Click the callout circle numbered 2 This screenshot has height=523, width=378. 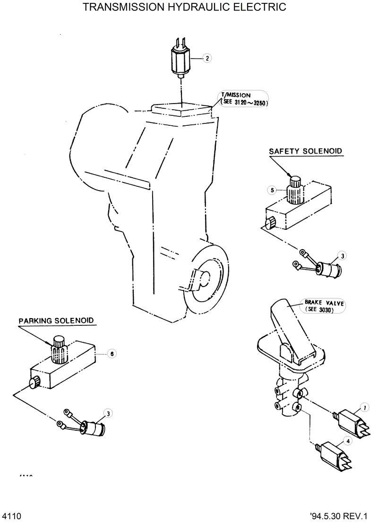(x=206, y=59)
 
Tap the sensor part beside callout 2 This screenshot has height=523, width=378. (x=180, y=59)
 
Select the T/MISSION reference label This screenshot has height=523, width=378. (x=242, y=100)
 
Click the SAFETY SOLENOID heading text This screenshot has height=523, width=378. (x=305, y=151)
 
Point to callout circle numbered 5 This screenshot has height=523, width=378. (x=272, y=190)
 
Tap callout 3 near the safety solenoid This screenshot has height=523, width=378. (x=343, y=256)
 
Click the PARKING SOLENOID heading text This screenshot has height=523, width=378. (x=56, y=320)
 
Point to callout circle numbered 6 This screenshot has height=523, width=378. (x=112, y=353)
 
